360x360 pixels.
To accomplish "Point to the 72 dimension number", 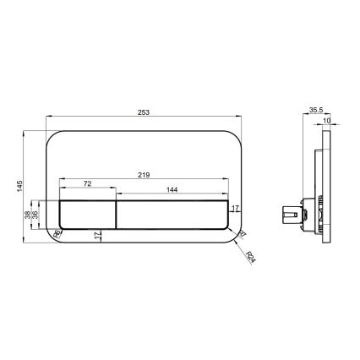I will [87, 184].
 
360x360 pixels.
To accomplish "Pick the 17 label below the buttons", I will [99, 237].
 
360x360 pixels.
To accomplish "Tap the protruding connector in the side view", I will [292, 218].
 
